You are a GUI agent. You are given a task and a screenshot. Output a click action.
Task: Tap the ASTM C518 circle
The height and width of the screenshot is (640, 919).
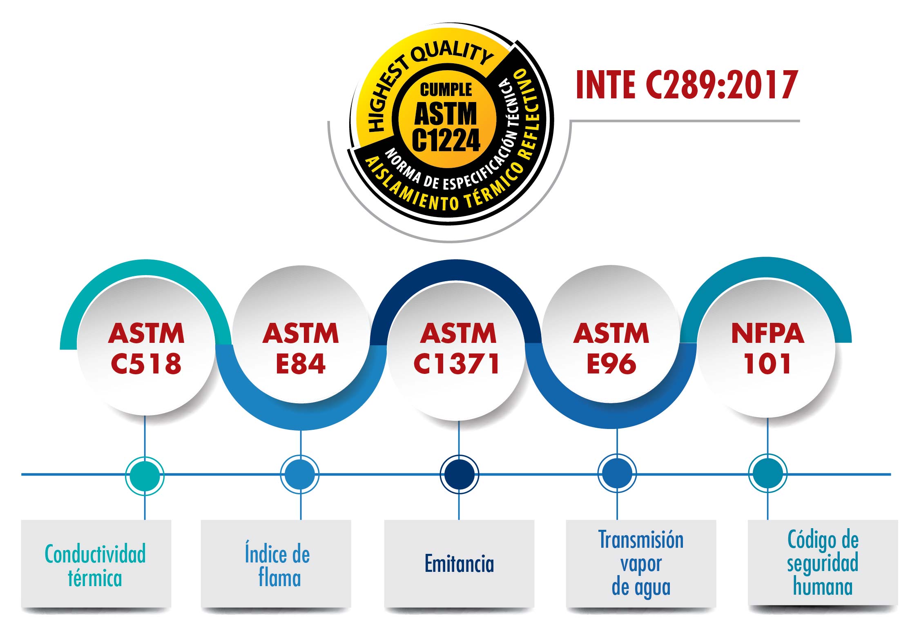146,348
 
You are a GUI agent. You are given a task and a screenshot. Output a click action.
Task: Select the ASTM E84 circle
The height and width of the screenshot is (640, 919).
301,348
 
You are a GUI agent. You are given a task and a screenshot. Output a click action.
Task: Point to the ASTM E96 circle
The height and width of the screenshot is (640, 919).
611,348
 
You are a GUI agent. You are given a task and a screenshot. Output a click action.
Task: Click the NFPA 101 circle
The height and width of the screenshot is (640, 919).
767,348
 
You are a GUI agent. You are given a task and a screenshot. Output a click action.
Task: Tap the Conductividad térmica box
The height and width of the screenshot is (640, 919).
96,565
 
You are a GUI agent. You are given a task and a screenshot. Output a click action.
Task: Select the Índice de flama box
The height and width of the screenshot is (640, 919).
276,565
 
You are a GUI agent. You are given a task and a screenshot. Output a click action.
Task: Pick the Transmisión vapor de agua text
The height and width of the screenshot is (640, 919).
641,563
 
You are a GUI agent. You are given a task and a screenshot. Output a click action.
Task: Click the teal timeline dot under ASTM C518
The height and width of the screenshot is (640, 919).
145,476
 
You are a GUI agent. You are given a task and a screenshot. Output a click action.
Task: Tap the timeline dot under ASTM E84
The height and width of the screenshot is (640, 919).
300,475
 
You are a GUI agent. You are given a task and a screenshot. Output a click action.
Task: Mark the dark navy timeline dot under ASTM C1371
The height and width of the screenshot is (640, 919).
459,474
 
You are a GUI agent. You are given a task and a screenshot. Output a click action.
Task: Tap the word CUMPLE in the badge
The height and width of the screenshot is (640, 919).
446,89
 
